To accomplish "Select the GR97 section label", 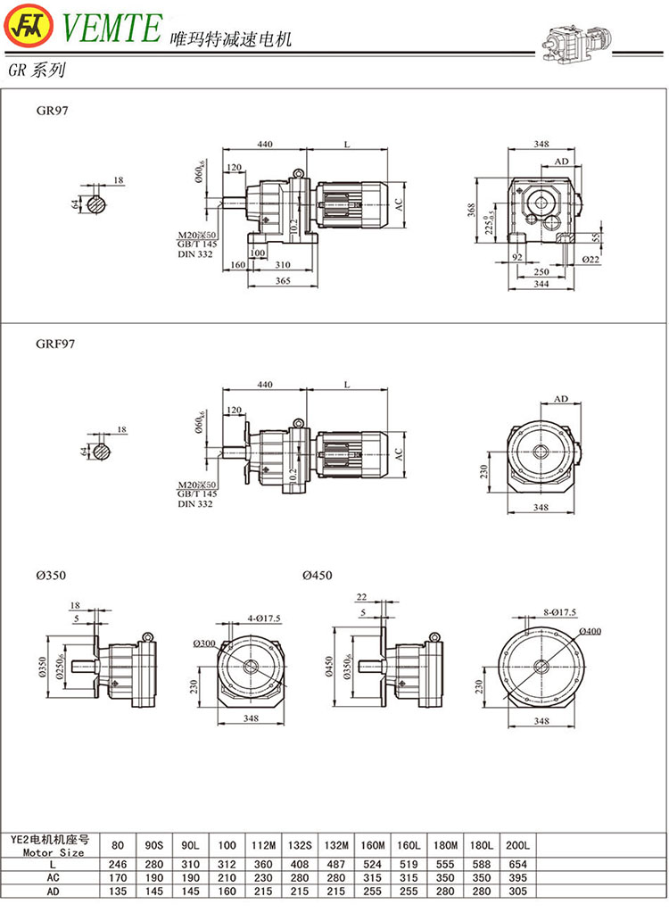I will [x=52, y=112].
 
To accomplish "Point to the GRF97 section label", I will [x=55, y=343].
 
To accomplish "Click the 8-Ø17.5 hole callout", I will [x=559, y=612].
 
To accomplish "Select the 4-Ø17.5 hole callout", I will [x=260, y=618].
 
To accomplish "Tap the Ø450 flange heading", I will [x=317, y=576].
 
